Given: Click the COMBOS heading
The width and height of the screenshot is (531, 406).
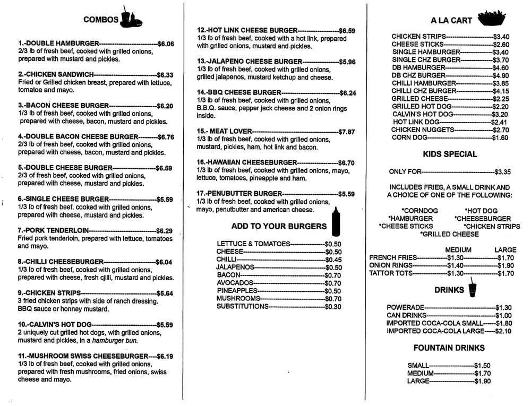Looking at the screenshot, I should (101, 20).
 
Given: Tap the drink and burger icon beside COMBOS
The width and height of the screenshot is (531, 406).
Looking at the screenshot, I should (130, 18).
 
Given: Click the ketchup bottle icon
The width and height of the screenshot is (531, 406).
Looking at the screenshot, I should (335, 222).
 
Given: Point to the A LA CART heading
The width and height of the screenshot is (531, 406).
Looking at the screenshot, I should (451, 21).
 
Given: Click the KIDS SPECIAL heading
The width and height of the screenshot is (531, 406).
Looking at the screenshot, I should (450, 154).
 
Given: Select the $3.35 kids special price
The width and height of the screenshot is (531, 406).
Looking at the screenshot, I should (502, 171).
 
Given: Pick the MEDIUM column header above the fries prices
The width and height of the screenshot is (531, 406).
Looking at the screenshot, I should (458, 249).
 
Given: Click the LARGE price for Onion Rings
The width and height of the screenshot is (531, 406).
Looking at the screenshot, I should (506, 265).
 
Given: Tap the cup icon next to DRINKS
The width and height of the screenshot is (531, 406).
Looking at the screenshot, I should (473, 290).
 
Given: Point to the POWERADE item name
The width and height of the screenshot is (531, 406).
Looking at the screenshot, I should (406, 307).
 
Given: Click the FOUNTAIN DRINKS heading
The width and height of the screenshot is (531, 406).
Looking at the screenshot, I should (449, 348).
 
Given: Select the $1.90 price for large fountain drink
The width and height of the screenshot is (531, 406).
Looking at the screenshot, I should (482, 381).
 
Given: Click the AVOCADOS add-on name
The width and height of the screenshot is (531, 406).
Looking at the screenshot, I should (235, 283).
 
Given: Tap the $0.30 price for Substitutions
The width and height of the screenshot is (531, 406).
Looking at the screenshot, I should (333, 306).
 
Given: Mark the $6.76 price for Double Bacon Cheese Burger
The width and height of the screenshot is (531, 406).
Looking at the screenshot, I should (166, 136).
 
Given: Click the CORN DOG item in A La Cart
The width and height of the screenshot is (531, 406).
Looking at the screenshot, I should (409, 137).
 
